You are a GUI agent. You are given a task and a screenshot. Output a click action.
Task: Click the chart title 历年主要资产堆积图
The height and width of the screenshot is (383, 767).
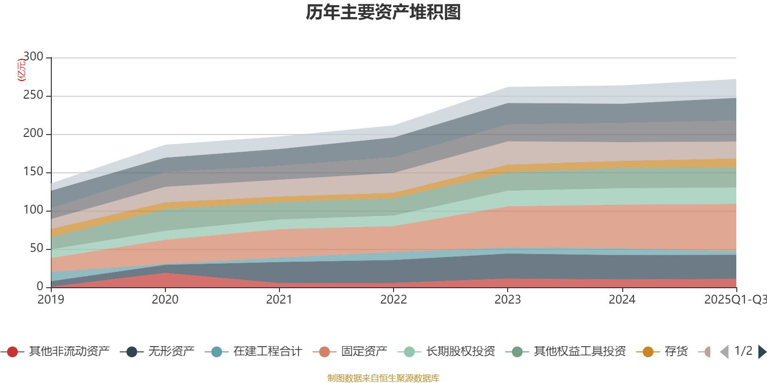[x=383, y=12]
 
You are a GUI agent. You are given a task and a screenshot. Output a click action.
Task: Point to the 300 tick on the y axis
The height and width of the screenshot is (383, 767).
[x=33, y=57]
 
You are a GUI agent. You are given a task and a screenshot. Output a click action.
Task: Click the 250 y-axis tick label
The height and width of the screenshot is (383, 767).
[x=33, y=95]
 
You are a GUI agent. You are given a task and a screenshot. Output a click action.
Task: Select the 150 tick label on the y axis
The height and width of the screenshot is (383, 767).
[x=33, y=172]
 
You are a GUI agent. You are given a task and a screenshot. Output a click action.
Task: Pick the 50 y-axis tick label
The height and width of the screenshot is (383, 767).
[x=36, y=248]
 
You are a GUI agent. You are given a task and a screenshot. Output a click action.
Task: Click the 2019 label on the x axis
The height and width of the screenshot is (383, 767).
[x=51, y=300]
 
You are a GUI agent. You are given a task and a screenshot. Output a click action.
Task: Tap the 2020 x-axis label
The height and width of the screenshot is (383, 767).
[x=165, y=300]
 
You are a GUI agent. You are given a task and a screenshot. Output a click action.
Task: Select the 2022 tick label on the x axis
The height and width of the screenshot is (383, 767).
[x=393, y=300]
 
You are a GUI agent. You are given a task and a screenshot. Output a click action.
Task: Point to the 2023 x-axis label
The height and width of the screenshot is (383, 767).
[x=508, y=300]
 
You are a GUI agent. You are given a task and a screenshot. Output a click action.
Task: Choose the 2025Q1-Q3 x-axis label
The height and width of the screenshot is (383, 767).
[x=735, y=300]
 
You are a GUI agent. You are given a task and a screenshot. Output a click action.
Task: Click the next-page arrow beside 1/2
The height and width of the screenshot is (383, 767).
[x=762, y=352]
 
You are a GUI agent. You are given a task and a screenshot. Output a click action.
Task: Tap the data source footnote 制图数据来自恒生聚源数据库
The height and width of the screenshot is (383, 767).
[x=383, y=378]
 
